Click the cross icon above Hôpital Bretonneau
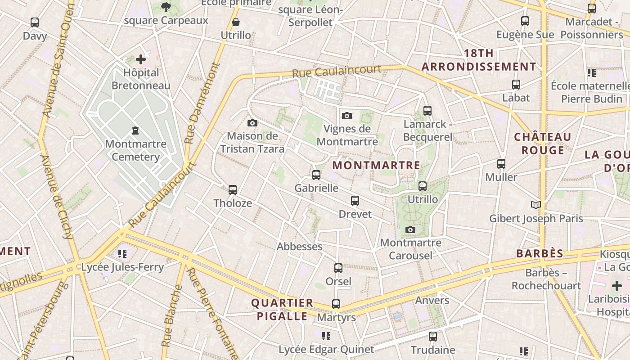[x=141, y=59]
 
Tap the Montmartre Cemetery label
[x=135, y=150]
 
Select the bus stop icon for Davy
[x=35, y=22]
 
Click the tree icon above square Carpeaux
[x=166, y=7]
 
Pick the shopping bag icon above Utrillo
[x=236, y=22]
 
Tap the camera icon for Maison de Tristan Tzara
[x=252, y=123]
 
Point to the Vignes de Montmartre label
[x=347, y=135]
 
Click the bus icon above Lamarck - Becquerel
[x=427, y=110]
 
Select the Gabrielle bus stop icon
[x=316, y=175]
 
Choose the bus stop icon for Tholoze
[x=233, y=190]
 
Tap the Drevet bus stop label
[x=355, y=214]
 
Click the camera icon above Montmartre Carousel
[x=410, y=230]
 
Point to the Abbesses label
[x=299, y=247]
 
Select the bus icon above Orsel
[x=338, y=268]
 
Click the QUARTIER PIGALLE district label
[x=282, y=309]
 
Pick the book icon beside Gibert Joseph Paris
[x=535, y=205]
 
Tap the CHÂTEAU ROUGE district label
[x=543, y=143]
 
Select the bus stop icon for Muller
[x=501, y=164]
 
